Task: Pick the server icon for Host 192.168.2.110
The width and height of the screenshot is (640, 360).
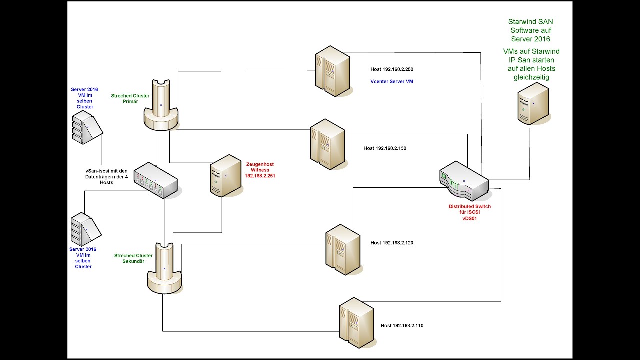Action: click(356, 322)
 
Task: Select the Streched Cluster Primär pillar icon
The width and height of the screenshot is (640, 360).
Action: click(161, 105)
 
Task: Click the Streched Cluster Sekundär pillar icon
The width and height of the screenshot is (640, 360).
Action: click(164, 268)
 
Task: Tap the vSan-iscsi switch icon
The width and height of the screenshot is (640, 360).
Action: click(156, 180)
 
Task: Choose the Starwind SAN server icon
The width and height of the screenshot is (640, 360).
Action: click(533, 104)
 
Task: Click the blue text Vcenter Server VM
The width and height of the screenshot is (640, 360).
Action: click(392, 81)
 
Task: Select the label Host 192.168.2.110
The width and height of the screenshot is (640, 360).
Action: click(402, 325)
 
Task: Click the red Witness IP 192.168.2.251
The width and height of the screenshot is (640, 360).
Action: click(260, 176)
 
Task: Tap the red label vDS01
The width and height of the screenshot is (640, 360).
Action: click(469, 218)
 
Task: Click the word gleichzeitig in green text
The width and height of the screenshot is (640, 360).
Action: click(531, 77)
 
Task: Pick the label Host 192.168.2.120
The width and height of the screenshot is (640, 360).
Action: click(392, 243)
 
